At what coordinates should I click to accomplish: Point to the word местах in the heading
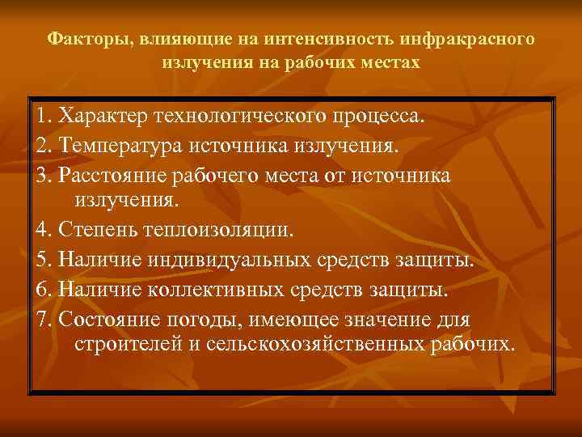pos(391,62)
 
